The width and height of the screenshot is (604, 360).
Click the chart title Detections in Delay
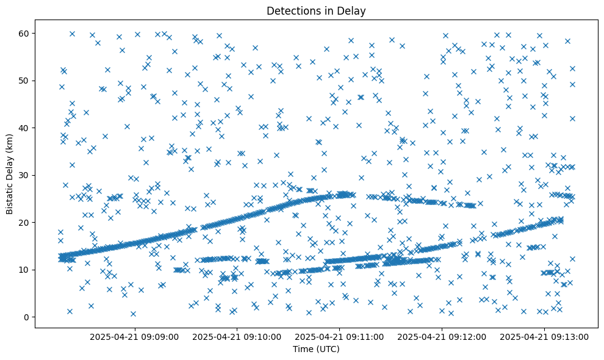(316, 10)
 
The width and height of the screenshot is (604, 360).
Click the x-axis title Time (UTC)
(316, 349)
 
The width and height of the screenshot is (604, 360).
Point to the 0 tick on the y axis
(27, 317)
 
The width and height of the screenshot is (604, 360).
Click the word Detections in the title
(292, 10)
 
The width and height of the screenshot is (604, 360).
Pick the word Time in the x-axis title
(303, 349)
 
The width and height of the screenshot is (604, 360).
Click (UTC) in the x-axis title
(328, 349)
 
